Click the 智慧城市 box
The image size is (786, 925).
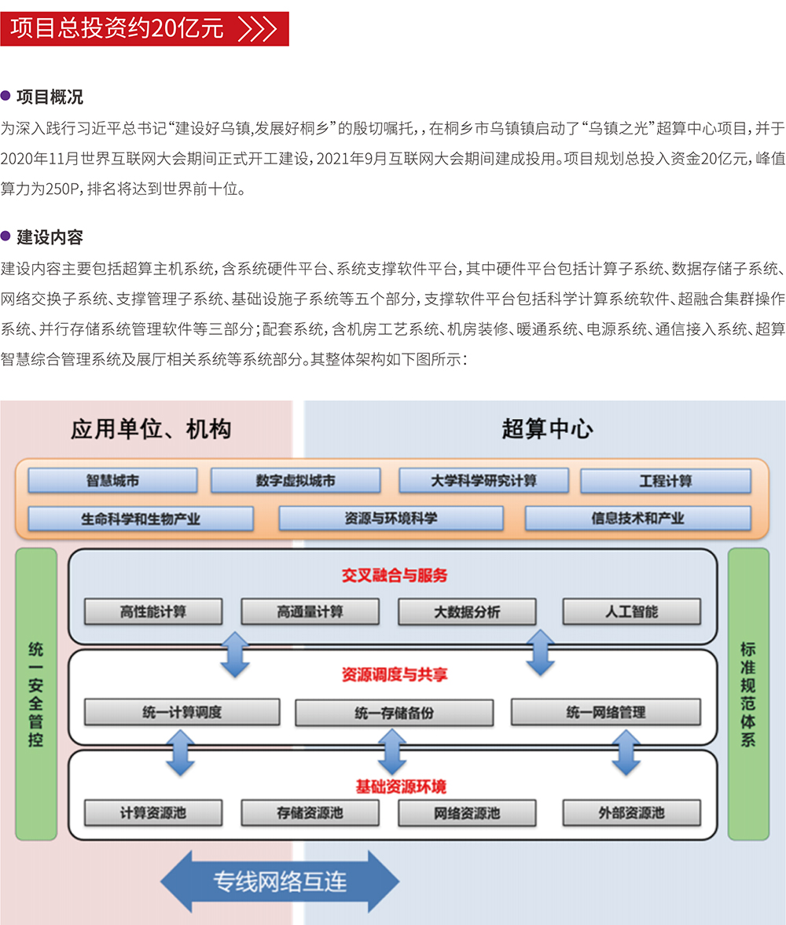[x=113, y=480]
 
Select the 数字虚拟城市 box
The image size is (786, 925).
[x=296, y=480]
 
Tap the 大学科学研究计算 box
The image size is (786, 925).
[x=483, y=480]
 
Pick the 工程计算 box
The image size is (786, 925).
[x=665, y=480]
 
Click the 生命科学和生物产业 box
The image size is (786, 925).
[x=141, y=519]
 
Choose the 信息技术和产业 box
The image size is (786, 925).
[x=637, y=519]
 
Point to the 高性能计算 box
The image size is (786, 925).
[x=153, y=611]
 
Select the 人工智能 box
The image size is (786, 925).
[x=631, y=611]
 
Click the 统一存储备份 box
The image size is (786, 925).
[x=394, y=713]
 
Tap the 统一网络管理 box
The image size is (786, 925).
[x=605, y=712]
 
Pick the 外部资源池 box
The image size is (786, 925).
[x=631, y=813]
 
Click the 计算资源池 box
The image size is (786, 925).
[x=153, y=813]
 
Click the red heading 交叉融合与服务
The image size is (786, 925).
[x=394, y=575]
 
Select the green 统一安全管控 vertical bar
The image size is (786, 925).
[x=36, y=694]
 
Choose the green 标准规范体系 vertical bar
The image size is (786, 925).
[x=747, y=694]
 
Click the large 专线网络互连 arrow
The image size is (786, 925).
[x=280, y=881]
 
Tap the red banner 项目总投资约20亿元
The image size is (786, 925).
[x=145, y=29]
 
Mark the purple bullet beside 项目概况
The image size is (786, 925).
[x=6, y=96]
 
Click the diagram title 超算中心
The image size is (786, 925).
[x=547, y=429]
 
